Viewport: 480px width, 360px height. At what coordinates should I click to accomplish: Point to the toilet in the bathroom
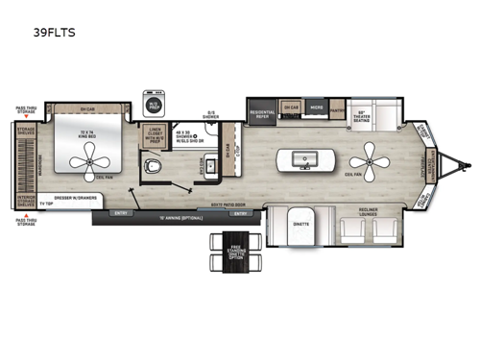156,169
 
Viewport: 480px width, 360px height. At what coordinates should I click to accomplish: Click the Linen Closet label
156,135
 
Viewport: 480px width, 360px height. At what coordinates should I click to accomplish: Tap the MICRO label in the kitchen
317,107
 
